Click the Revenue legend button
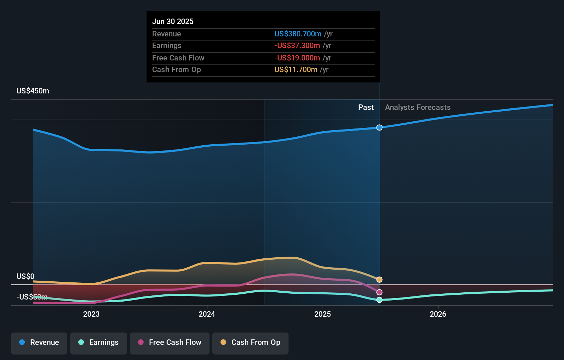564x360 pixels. click(x=39, y=342)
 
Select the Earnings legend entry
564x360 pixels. click(x=99, y=342)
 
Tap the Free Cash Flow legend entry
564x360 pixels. click(x=170, y=342)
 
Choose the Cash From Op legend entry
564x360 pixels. click(x=250, y=342)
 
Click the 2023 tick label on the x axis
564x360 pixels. click(x=91, y=314)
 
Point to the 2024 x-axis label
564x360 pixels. click(x=207, y=314)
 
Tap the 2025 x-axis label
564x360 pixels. click(x=323, y=314)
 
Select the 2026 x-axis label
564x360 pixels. click(x=438, y=314)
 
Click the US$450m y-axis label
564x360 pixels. click(x=33, y=91)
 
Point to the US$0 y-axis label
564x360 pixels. click(x=25, y=277)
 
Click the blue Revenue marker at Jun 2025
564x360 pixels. click(x=379, y=127)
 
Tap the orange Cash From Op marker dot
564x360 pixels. click(x=379, y=280)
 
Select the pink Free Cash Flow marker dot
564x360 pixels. click(x=379, y=292)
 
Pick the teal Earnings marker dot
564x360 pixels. click(x=379, y=300)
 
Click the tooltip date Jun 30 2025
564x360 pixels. click(x=173, y=21)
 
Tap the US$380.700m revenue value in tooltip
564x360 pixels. click(x=298, y=34)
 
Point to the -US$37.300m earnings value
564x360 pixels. click(x=297, y=46)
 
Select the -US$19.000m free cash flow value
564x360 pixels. click(x=297, y=58)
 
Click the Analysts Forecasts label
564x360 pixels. click(x=418, y=108)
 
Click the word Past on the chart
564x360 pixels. click(x=366, y=108)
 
